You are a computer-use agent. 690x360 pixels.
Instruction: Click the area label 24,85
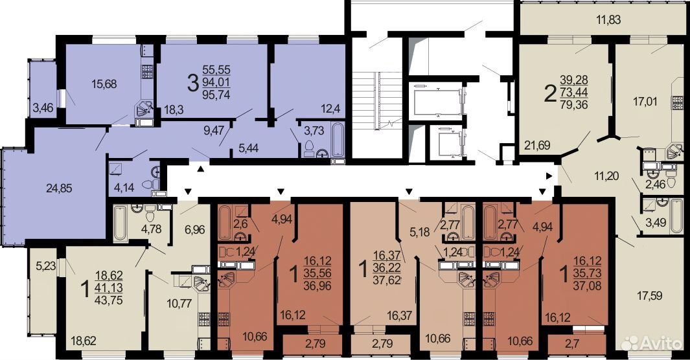pyautogui.click(x=59, y=188)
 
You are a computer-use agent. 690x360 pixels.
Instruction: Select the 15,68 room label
pyautogui.click(x=104, y=84)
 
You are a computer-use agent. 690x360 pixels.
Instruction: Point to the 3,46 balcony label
pyautogui.click(x=43, y=107)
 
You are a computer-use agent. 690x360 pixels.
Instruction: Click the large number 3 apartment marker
pyautogui.click(x=192, y=84)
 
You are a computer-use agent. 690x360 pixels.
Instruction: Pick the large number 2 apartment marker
pyautogui.click(x=549, y=94)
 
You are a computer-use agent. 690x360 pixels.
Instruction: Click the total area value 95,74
pyautogui.click(x=216, y=95)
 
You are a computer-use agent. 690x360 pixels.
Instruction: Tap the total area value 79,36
pyautogui.click(x=574, y=105)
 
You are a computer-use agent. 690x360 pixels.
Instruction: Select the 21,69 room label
pyautogui.click(x=537, y=145)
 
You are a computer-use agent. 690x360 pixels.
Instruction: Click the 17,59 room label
pyautogui.click(x=649, y=295)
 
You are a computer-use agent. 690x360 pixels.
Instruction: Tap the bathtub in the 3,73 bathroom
pyautogui.click(x=338, y=141)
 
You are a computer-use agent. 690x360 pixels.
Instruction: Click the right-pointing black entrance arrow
pyautogui.click(x=549, y=176)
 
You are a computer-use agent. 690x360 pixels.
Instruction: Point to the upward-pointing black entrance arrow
pyautogui.click(x=201, y=169)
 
